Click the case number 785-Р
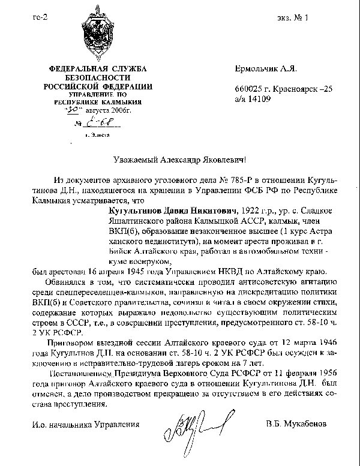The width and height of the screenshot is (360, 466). point(225,180)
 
